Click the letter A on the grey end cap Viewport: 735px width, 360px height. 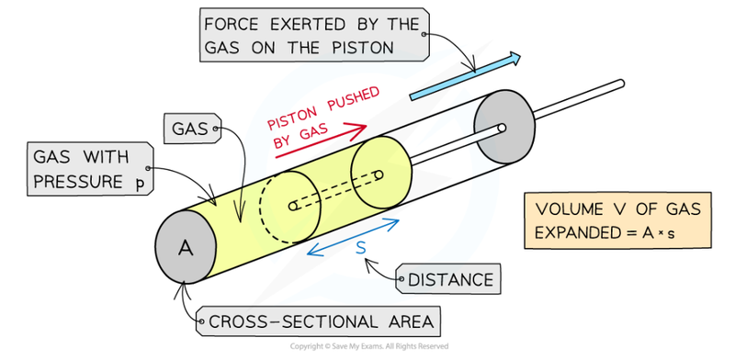tap(185, 247)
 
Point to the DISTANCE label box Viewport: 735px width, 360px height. tap(449, 279)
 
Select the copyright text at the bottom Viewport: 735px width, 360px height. tap(368, 346)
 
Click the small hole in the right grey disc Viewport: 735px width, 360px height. tap(502, 128)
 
